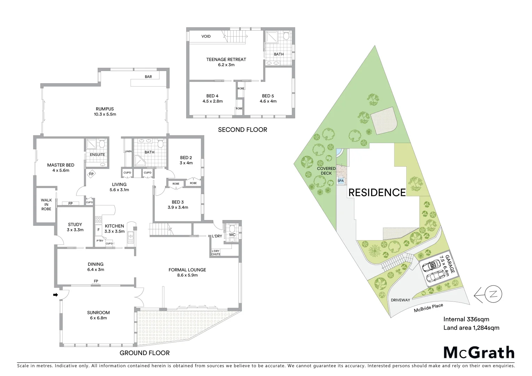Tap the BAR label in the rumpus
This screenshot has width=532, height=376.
(x=148, y=77)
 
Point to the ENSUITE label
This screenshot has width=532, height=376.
(x=97, y=155)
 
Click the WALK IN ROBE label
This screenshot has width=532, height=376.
(x=46, y=204)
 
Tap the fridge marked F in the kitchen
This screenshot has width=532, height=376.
(x=99, y=230)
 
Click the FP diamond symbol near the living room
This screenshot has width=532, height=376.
(x=91, y=174)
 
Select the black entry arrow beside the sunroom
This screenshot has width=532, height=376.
(x=55, y=295)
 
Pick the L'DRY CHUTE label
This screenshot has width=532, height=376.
(x=216, y=252)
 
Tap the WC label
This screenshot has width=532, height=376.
(x=232, y=235)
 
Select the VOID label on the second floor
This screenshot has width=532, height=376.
(x=206, y=36)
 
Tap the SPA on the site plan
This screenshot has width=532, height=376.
(x=341, y=181)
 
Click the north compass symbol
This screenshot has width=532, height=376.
(x=493, y=293)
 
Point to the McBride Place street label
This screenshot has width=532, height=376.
(x=428, y=308)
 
